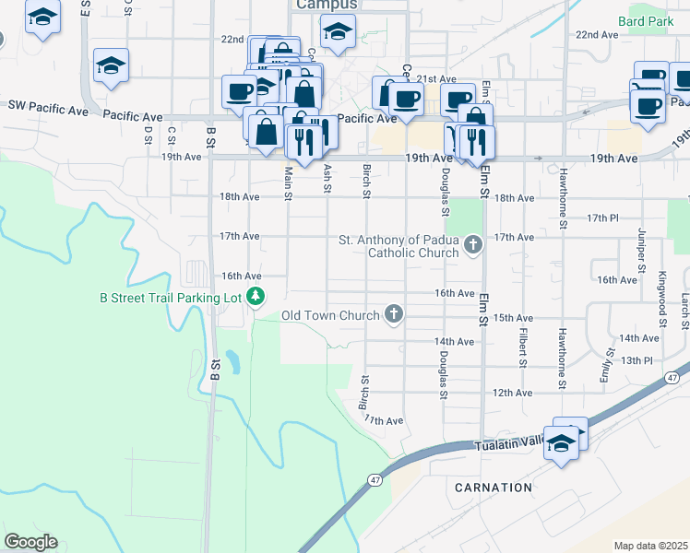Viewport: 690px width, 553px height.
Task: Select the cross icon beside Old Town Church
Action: point(394,315)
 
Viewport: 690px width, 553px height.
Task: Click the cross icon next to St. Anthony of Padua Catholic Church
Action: point(473,245)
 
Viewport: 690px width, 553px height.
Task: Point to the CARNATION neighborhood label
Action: point(494,487)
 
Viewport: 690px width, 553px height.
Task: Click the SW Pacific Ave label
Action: point(48,108)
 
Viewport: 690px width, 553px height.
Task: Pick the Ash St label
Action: point(327,178)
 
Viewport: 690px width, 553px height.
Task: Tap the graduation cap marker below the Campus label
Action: point(339,33)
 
